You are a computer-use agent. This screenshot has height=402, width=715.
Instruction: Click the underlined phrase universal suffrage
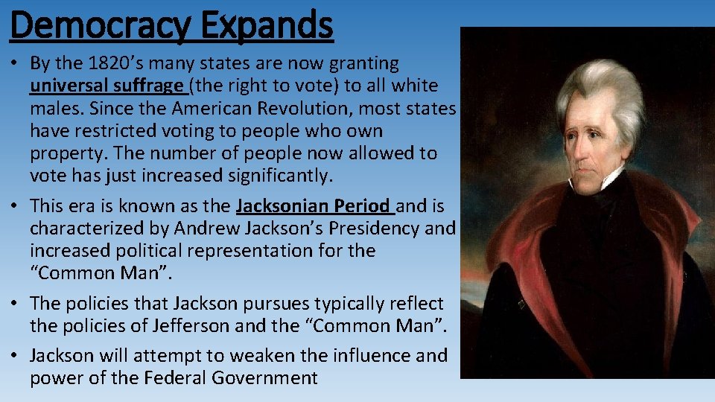point(109,86)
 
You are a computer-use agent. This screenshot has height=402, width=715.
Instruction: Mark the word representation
point(258,251)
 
